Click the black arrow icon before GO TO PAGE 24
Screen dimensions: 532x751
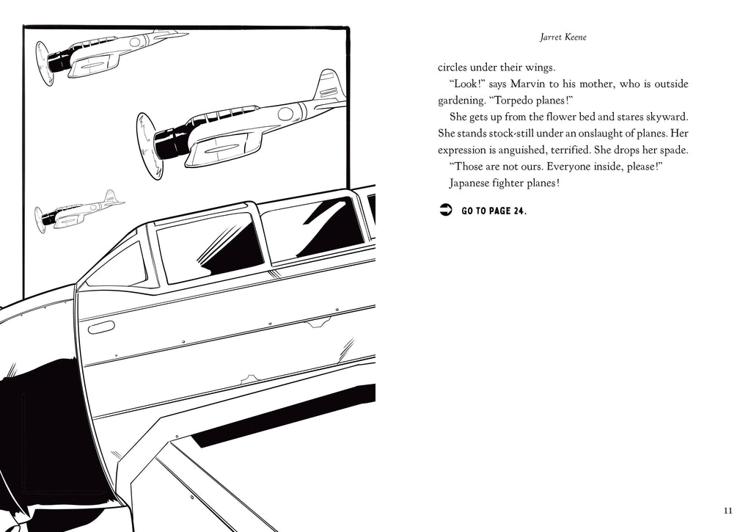444,211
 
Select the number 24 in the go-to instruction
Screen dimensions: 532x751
518,211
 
